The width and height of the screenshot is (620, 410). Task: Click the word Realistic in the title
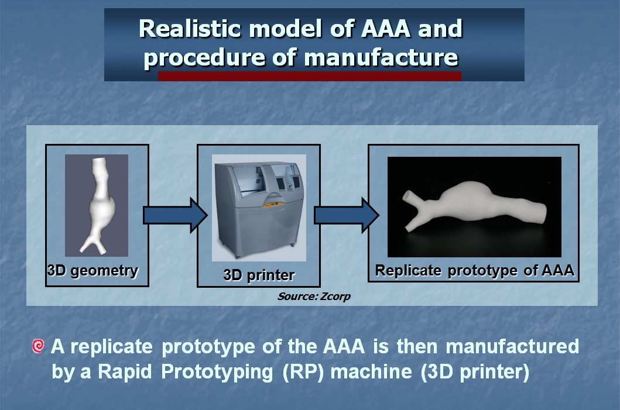[x=190, y=29]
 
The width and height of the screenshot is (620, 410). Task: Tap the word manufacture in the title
[x=381, y=58]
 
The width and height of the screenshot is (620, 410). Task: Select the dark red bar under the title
[x=310, y=76]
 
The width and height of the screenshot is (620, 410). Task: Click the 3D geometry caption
[x=93, y=271]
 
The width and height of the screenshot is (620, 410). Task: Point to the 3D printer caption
[x=259, y=275]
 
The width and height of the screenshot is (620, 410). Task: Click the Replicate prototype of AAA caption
[x=474, y=271]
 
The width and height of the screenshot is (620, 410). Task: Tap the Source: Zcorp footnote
[x=314, y=297]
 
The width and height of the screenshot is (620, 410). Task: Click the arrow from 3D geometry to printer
[x=175, y=215]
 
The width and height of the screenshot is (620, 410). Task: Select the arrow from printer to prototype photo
[x=347, y=215]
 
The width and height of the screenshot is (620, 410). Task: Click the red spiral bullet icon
[x=38, y=346]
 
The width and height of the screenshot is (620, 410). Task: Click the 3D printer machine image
[x=259, y=208]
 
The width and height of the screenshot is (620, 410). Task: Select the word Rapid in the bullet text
[x=125, y=371]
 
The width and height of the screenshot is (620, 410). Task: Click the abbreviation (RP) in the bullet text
[x=303, y=372]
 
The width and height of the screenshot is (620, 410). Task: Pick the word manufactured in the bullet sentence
[x=512, y=346]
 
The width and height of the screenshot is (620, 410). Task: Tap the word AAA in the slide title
[x=386, y=29]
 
